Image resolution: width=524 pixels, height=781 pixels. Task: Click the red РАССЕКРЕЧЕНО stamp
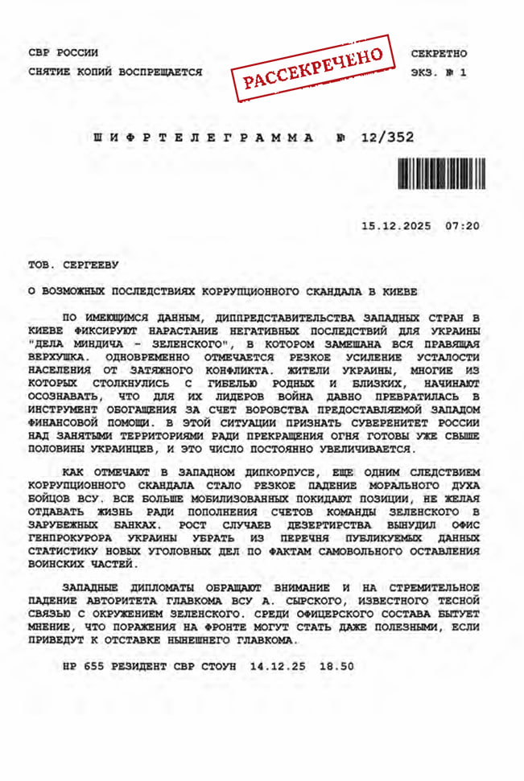click(314, 68)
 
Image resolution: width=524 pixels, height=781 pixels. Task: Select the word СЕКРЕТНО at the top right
click(439, 53)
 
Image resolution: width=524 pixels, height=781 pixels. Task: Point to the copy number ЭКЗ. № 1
click(439, 72)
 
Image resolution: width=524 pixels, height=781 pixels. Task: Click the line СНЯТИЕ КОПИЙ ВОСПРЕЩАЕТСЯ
click(114, 72)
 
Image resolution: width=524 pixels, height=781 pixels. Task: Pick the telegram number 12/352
click(388, 138)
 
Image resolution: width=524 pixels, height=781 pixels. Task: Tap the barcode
click(441, 172)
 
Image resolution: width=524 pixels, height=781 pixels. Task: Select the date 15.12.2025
click(395, 225)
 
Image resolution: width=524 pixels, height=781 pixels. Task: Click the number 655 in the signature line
click(93, 667)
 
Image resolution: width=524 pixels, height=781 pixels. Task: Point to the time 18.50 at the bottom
click(336, 667)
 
